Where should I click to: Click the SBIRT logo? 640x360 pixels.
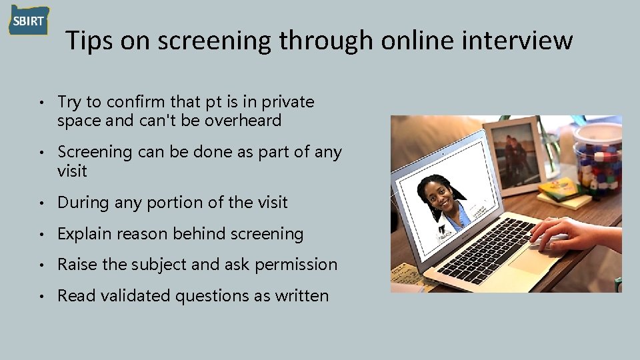tap(29, 21)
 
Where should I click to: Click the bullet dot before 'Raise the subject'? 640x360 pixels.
tap(41, 265)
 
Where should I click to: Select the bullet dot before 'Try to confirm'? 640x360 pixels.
tap(41, 103)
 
